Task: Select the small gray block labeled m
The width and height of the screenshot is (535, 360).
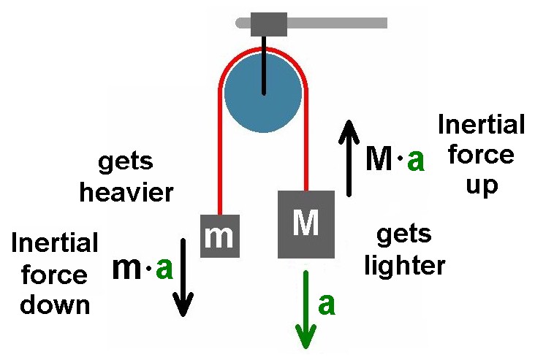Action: (x=220, y=236)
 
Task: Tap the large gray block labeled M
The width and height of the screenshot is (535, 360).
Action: (x=306, y=224)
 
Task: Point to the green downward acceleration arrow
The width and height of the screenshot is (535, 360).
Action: (x=306, y=310)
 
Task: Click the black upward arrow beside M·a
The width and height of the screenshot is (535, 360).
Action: (x=349, y=158)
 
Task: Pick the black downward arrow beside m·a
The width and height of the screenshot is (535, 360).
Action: (x=183, y=277)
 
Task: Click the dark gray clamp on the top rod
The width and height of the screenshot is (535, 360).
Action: (x=269, y=24)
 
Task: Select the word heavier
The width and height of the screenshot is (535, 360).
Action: (x=126, y=193)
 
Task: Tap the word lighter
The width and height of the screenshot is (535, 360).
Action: (x=405, y=266)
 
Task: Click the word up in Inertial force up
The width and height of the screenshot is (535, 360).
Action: (x=482, y=186)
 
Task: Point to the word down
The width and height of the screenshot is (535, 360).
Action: (x=55, y=305)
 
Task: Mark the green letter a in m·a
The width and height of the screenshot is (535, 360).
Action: (x=164, y=269)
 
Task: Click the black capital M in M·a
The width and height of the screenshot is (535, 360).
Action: (x=379, y=158)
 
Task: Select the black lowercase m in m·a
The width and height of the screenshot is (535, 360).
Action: (x=126, y=269)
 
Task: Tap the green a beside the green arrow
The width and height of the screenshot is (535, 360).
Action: (x=327, y=305)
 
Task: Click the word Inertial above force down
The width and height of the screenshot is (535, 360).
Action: (x=55, y=242)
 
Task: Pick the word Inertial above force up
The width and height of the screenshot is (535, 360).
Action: (x=482, y=124)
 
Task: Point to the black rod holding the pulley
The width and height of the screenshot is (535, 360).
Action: (x=264, y=65)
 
